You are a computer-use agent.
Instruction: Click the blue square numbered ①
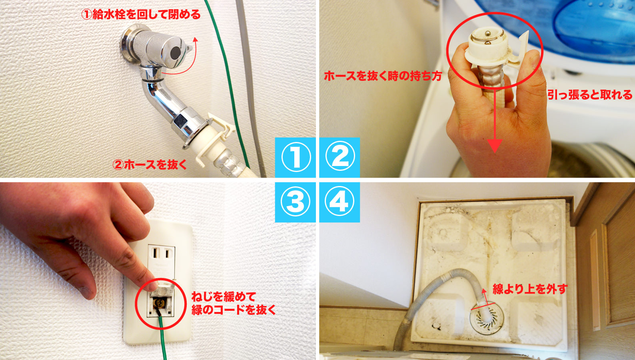(x=295, y=157)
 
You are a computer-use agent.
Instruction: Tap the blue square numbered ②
(x=339, y=157)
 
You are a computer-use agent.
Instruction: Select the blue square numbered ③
(x=295, y=202)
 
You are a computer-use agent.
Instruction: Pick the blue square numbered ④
(x=339, y=202)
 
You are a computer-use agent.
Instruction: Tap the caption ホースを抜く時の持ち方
(x=383, y=76)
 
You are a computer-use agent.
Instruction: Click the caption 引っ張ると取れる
(x=590, y=95)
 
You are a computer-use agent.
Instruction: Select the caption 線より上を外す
(x=530, y=289)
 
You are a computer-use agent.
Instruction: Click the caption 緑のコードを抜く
(x=234, y=310)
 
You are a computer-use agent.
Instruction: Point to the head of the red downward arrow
(x=495, y=146)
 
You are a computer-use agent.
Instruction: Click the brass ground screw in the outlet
(x=158, y=304)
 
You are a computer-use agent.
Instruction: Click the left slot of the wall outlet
(x=155, y=253)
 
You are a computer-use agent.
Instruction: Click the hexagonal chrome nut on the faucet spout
(x=181, y=121)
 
